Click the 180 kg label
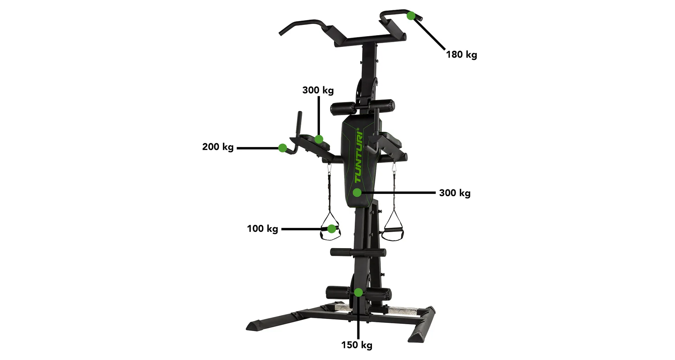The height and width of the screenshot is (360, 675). tap(462, 54)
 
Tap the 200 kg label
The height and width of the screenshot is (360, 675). tap(218, 147)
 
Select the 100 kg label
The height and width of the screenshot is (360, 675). tap(263, 229)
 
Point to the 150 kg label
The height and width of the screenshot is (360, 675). tap(357, 345)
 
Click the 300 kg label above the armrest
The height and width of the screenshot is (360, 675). tap(318, 90)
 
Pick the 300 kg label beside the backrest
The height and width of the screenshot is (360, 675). tap(455, 193)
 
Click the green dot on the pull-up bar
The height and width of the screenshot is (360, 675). tap(411, 16)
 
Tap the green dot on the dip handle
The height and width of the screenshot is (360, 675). tap(282, 148)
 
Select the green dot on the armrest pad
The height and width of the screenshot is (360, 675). tap(319, 139)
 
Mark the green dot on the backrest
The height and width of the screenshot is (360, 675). tap(357, 192)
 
